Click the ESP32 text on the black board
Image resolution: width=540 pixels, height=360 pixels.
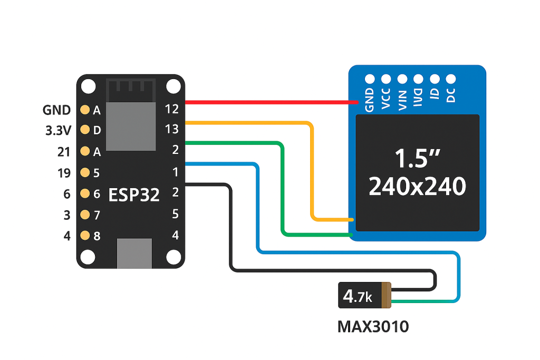coord(134,194)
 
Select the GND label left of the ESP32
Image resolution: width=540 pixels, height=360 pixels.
coord(56,110)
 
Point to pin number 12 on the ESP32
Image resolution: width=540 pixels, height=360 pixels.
coord(172,109)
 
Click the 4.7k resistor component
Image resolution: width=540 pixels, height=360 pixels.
coord(364,296)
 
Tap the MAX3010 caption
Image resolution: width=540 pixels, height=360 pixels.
coord(373,327)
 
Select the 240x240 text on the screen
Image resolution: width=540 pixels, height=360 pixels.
coord(417,187)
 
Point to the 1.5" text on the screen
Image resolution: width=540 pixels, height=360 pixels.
coord(417,158)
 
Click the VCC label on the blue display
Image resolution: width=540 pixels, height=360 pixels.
coord(385,99)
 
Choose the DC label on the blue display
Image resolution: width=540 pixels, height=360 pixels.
coord(451,95)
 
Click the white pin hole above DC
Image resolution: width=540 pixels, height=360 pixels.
coord(451,79)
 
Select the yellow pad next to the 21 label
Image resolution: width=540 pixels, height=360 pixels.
coord(84,152)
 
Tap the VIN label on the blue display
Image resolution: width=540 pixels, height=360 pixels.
coord(402,99)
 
